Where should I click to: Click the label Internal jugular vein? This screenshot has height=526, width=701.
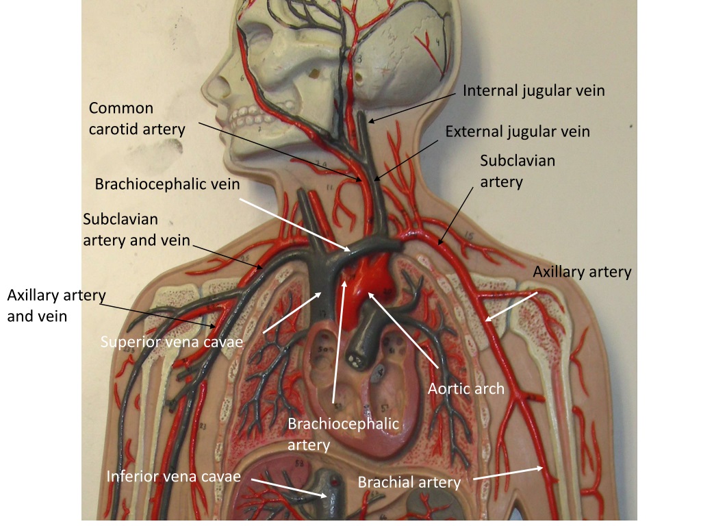pos(533,91)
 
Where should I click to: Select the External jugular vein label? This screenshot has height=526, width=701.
pos(518,131)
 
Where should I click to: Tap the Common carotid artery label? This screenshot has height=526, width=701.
pos(137,118)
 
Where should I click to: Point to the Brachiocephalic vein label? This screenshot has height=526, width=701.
pos(167,184)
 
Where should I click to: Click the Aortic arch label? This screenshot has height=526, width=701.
pos(466,389)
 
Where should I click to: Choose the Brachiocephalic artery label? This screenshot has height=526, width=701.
pos(343,434)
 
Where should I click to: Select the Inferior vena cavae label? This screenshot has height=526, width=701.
pos(173,477)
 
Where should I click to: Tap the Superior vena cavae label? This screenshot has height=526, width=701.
pos(172,342)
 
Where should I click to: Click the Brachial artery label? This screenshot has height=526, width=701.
pos(409,482)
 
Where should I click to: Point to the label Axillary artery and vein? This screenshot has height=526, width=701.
pos(56,305)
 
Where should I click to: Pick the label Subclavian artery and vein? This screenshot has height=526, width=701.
pos(136,229)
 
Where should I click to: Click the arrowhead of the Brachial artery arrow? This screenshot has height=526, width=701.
pos(540,468)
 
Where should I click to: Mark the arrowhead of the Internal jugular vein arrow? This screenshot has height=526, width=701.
pos(372,120)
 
